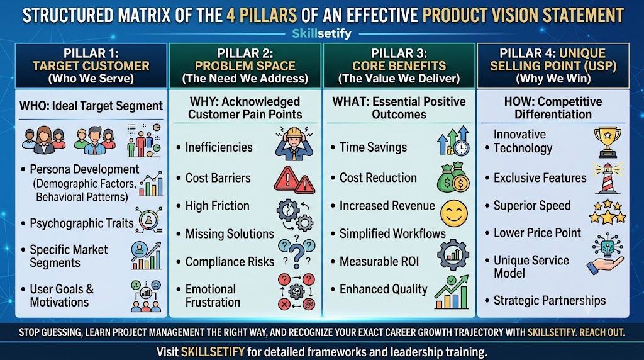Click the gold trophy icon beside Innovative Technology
point(608,142)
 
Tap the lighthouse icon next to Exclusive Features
point(608,178)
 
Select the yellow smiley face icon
point(454,213)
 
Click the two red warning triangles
point(294,180)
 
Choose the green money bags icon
point(453,177)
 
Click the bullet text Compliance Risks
point(230,262)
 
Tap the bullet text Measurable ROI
point(379,261)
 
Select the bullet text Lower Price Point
point(537,233)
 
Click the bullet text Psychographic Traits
point(82,223)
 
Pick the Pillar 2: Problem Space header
point(245,65)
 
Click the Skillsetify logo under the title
point(321,33)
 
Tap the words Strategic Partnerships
point(550,300)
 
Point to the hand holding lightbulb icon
point(606,254)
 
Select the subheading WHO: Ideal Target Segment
point(91,106)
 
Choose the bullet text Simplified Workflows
point(392,234)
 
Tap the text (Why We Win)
point(553,79)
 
